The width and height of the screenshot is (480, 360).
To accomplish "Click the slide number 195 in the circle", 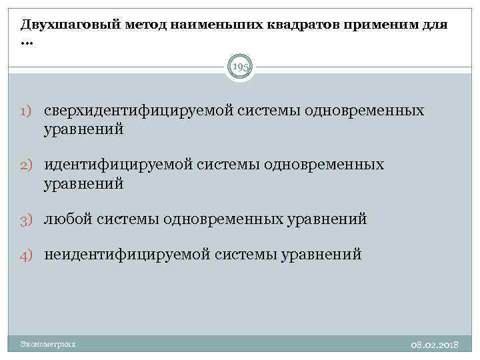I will click(240, 67).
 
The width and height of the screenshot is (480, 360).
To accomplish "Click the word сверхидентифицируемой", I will click(137, 110).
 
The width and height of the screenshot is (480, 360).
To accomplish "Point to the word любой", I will click(68, 219).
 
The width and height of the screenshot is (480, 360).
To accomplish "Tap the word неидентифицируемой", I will click(127, 254).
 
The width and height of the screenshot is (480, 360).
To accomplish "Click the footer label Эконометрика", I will click(48, 344).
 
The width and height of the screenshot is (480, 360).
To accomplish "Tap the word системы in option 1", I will click(267, 110).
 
